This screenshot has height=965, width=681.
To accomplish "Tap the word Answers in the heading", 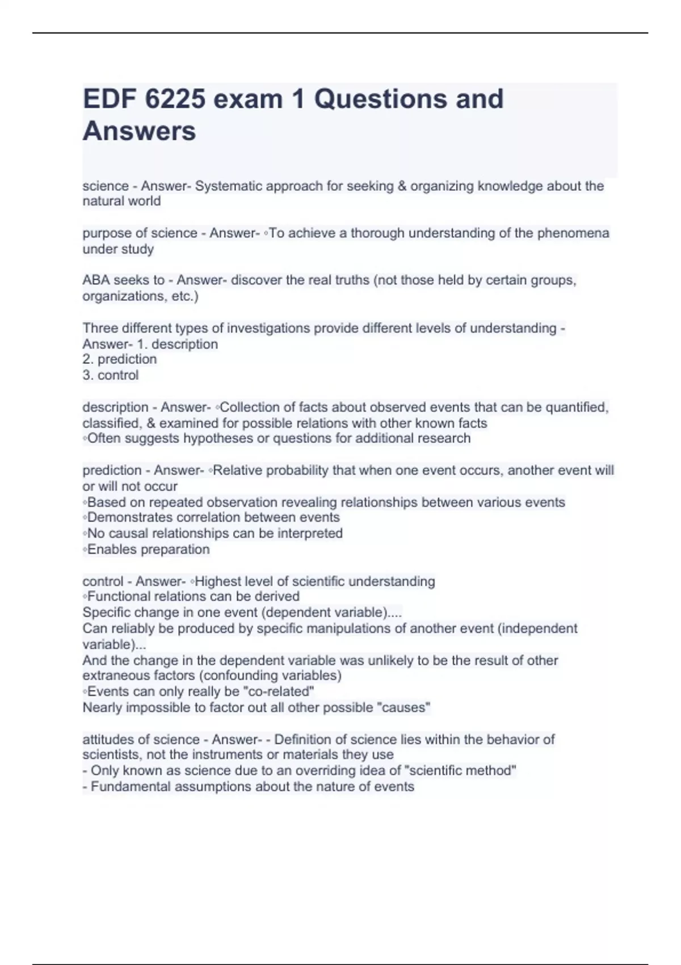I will pos(140,131).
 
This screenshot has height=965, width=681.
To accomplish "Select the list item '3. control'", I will pos(111,375).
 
